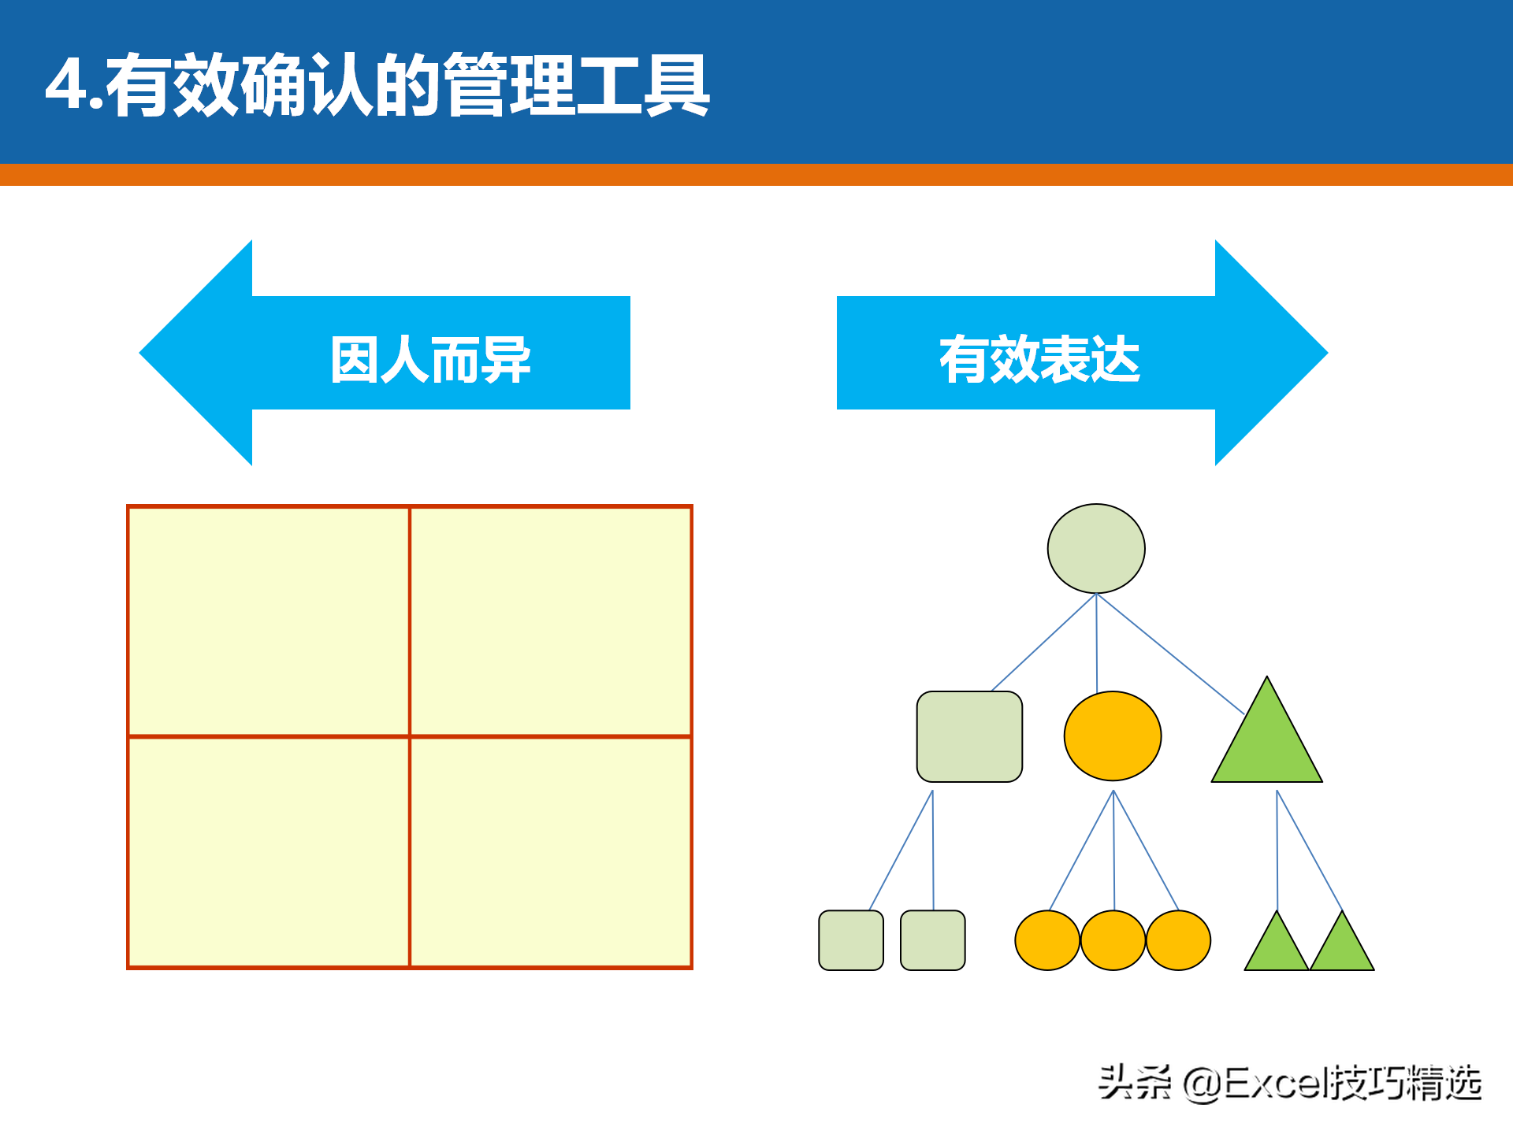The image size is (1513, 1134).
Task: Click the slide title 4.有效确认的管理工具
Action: pyautogui.click(x=377, y=85)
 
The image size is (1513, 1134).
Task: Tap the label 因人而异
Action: pyautogui.click(x=430, y=359)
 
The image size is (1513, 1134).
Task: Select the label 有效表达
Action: pyautogui.click(x=1039, y=359)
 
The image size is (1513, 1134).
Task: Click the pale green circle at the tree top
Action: pyautogui.click(x=1096, y=549)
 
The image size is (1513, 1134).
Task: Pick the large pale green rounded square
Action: pyautogui.click(x=969, y=736)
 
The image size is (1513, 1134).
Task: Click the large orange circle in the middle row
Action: pyautogui.click(x=1113, y=736)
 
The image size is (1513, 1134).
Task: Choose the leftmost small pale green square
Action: pyautogui.click(x=851, y=940)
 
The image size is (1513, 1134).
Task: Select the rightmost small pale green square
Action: pyautogui.click(x=933, y=940)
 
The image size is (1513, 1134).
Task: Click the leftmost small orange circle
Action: pyautogui.click(x=1047, y=940)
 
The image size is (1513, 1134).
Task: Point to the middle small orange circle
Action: pyautogui.click(x=1113, y=940)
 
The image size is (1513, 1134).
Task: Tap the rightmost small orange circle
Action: pyautogui.click(x=1178, y=940)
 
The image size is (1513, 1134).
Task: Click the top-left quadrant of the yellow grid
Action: pyautogui.click(x=269, y=622)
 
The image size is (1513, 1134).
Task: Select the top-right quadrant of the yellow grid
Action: pyautogui.click(x=551, y=622)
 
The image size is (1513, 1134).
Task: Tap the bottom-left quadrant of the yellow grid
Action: pyautogui.click(x=269, y=852)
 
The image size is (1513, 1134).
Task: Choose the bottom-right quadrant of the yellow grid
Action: pyautogui.click(x=551, y=852)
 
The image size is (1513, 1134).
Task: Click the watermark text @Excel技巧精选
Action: pyautogui.click(x=1333, y=1083)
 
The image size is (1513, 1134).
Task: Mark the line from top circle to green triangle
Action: pyautogui.click(x=1170, y=654)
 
